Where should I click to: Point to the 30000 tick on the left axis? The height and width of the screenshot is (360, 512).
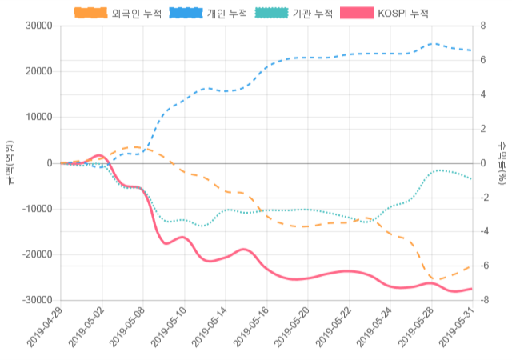38,26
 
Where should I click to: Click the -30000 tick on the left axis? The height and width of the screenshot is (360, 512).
36,300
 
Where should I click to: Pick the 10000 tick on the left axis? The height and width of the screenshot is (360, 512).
38,117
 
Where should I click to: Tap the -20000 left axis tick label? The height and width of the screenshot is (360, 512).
36,254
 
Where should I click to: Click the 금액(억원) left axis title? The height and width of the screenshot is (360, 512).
9,162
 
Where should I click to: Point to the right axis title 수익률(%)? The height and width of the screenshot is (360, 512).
502,162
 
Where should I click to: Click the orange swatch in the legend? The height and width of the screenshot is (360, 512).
90,14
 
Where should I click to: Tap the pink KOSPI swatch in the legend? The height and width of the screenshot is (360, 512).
355,14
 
